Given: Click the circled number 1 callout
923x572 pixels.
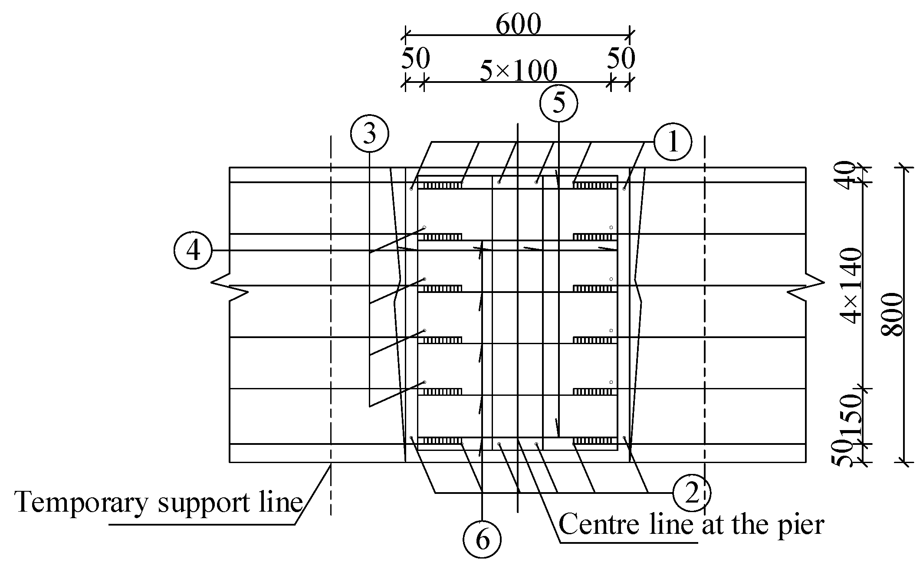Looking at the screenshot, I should click(673, 142).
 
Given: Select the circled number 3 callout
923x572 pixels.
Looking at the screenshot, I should click(369, 134).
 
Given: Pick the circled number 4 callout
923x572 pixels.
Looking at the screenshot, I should click(193, 250).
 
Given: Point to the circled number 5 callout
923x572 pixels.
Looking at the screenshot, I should click(559, 103).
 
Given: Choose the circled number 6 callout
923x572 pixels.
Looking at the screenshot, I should click(483, 540).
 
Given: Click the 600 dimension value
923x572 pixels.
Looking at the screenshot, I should click(518, 25).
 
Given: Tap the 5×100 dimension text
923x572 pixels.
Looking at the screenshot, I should click(518, 71).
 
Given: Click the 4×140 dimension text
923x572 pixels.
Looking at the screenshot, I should click(850, 286).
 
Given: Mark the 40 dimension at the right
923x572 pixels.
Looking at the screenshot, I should click(846, 174).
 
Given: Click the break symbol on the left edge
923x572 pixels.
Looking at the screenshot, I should click(230, 286).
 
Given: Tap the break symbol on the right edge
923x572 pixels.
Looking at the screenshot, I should click(806, 286).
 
